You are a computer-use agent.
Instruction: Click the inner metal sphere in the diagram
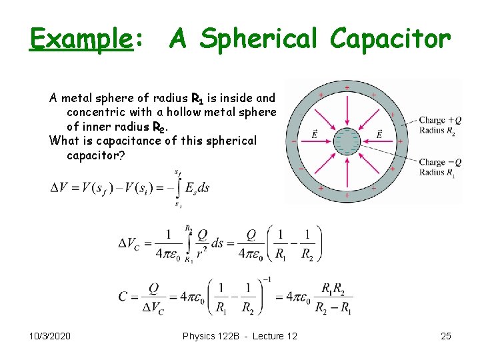(347, 141)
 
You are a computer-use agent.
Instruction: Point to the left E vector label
(313, 134)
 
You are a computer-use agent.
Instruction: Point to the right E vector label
(379, 134)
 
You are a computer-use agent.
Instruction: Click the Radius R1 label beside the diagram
(437, 172)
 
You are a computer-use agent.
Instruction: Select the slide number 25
(446, 336)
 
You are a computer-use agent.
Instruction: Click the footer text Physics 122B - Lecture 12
(239, 336)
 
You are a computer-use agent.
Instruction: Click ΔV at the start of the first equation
(61, 187)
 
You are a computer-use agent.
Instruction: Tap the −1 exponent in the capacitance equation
(266, 279)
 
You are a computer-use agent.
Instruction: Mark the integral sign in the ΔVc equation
(189, 243)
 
